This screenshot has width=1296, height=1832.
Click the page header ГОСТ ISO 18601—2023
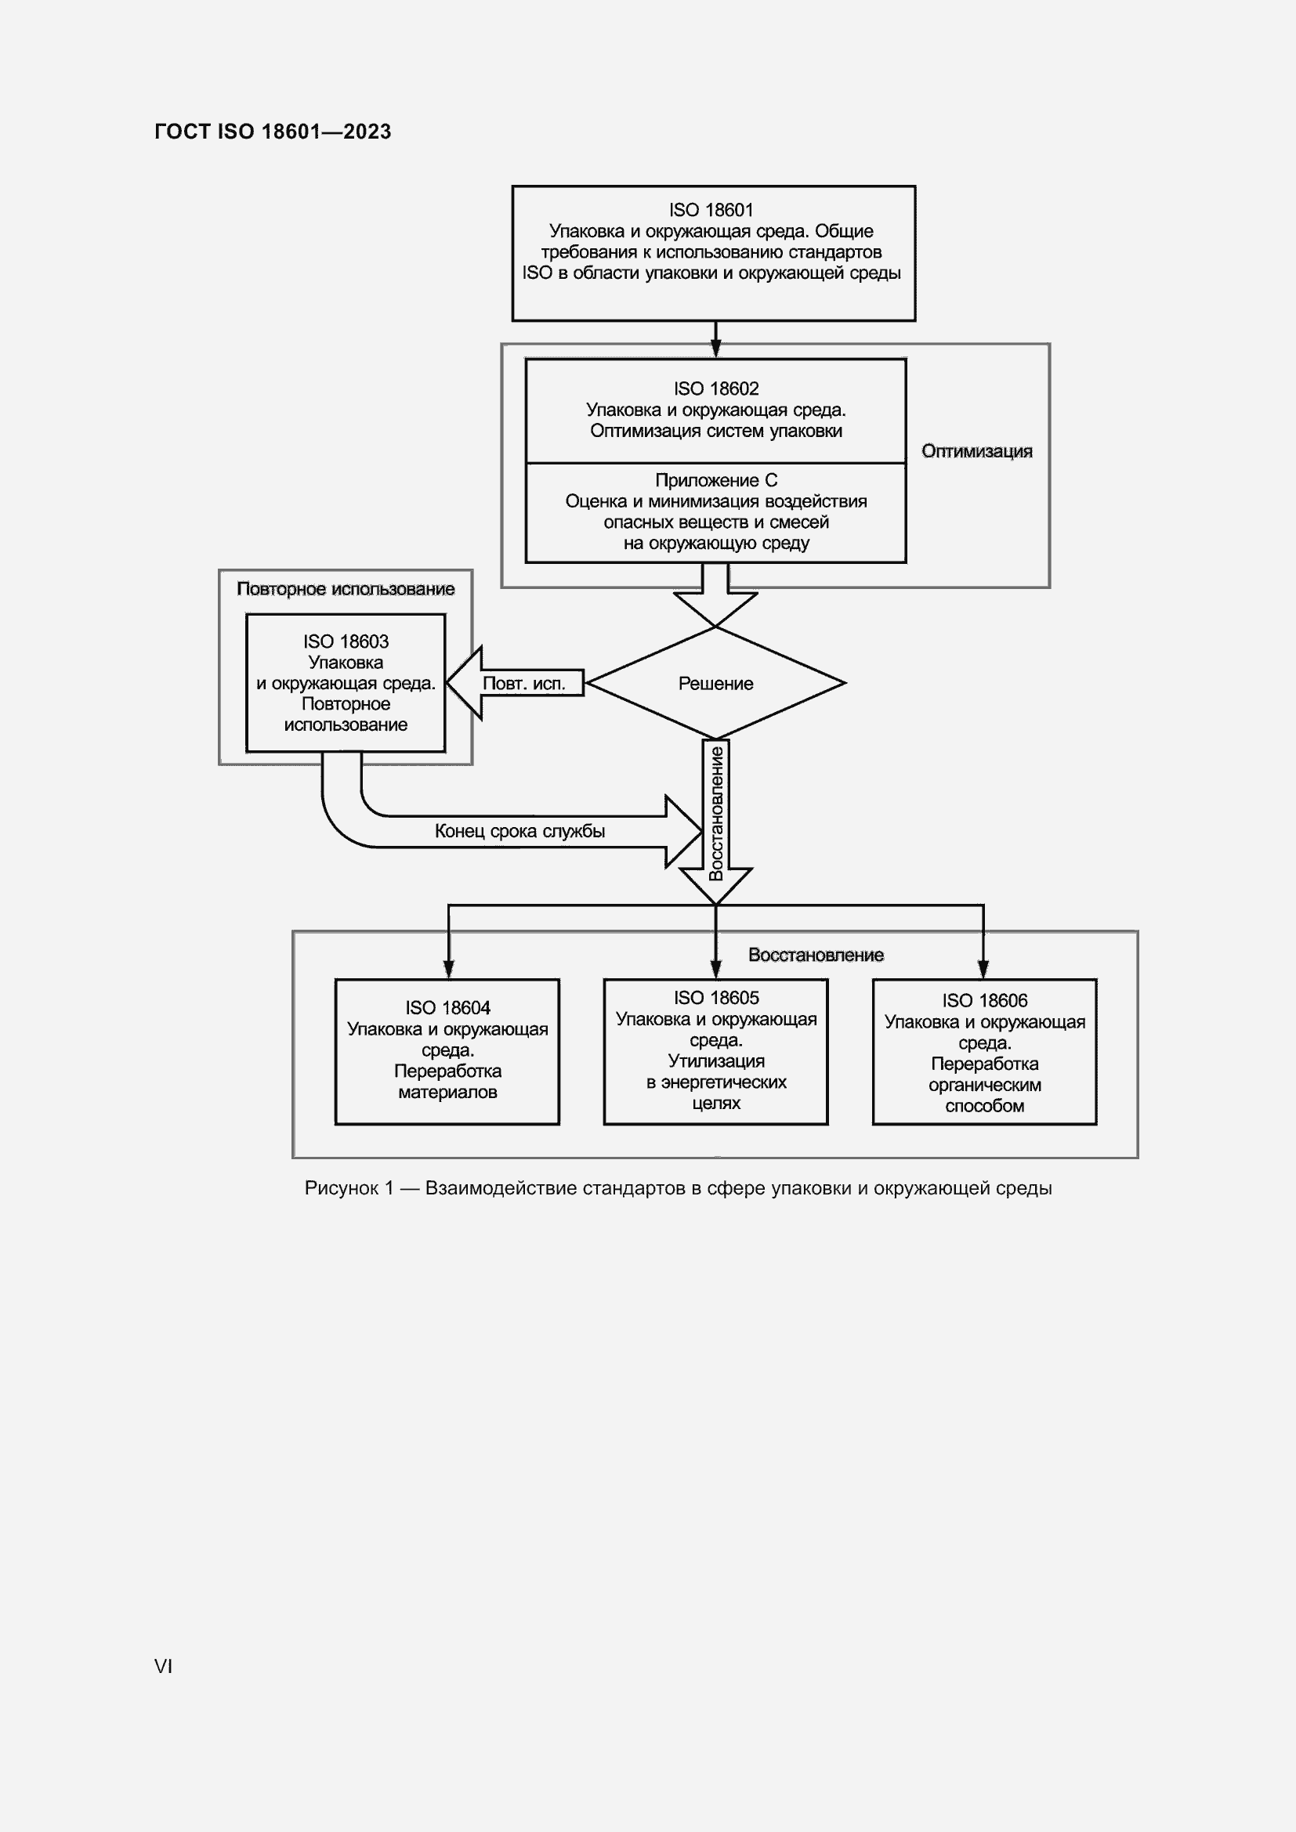pos(272,132)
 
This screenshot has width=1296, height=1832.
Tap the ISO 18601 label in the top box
pos(711,210)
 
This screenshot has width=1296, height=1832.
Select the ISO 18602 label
pos(716,388)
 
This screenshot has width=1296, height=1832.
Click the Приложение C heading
pos(716,480)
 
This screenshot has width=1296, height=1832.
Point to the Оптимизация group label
pos(977,452)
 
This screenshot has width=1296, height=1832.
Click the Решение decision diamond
pos(715,684)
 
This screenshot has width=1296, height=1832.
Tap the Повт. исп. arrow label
pos(523,684)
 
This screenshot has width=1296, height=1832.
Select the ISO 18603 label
pos(346,641)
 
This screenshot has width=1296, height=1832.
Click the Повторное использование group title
pos(346,590)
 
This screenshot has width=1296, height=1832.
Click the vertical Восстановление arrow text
pos(716,812)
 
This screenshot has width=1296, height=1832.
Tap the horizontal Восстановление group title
pos(816,955)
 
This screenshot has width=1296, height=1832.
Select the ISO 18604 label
pos(447,1009)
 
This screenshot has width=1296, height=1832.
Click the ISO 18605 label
pos(716,998)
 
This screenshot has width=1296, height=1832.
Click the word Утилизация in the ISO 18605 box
pos(716,1061)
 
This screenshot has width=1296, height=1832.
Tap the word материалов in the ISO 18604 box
pos(447,1093)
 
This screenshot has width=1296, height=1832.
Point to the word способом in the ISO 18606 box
pos(984,1106)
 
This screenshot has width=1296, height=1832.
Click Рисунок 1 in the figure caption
pos(349,1188)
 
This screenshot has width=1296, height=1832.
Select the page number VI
pos(164,1666)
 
